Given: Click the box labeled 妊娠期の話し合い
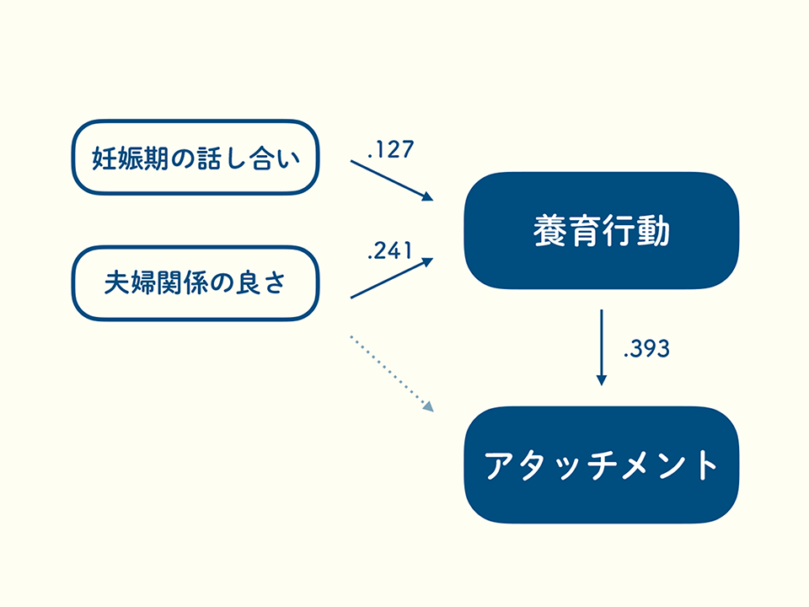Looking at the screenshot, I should pyautogui.click(x=195, y=158).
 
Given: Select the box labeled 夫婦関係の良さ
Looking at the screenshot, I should pyautogui.click(x=195, y=283).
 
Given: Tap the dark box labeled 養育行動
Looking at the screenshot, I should pyautogui.click(x=601, y=230).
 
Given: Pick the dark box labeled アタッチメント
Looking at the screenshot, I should pyautogui.click(x=601, y=465).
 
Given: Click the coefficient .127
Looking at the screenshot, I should pyautogui.click(x=391, y=151).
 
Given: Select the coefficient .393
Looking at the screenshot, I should pyautogui.click(x=646, y=349).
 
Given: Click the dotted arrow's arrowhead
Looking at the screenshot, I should pyautogui.click(x=428, y=406).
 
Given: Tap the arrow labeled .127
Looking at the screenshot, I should pyautogui.click(x=391, y=180).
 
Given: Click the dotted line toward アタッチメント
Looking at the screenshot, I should pyautogui.click(x=388, y=371).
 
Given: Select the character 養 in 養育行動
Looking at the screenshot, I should pyautogui.click(x=549, y=230).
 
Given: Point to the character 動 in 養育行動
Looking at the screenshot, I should pyautogui.click(x=653, y=230).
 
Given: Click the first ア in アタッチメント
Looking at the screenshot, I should pyautogui.click(x=501, y=465).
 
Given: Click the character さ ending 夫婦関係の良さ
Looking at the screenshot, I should pyautogui.click(x=275, y=283).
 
